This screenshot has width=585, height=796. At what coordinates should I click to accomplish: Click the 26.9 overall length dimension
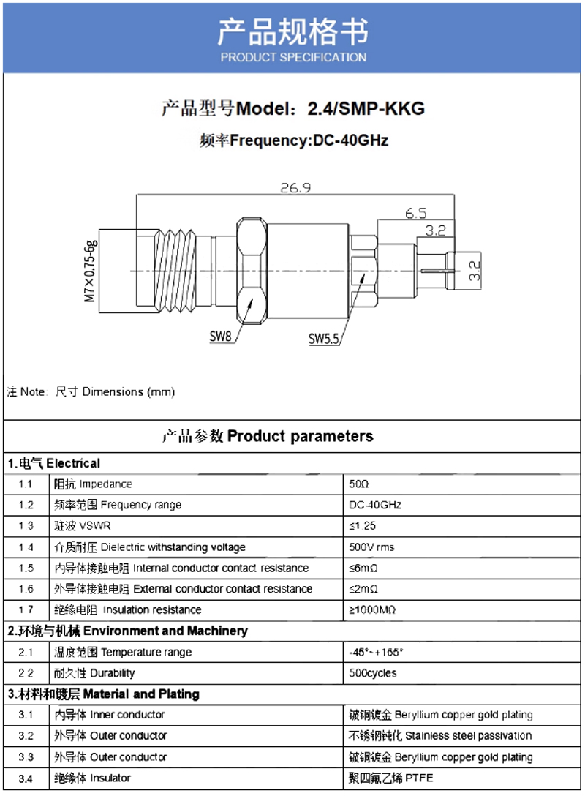(295, 188)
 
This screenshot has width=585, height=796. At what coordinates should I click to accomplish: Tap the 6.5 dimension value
(416, 214)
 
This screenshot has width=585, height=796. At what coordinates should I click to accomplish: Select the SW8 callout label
(220, 337)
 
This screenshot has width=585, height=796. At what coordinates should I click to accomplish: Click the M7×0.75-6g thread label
(90, 271)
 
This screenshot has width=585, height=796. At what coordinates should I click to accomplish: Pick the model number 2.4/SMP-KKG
(366, 109)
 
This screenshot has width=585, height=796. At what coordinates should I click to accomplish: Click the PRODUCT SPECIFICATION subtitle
(293, 57)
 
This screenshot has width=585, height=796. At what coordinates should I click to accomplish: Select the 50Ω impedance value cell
(359, 484)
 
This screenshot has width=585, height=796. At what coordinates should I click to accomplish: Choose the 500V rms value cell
(371, 547)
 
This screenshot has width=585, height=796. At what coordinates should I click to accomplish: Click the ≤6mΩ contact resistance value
(363, 568)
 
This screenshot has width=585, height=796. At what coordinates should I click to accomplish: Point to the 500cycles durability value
(373, 673)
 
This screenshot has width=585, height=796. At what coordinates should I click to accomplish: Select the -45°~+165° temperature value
(377, 652)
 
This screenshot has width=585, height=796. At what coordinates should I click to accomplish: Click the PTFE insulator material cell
(391, 778)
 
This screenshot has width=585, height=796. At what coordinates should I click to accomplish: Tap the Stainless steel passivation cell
(441, 735)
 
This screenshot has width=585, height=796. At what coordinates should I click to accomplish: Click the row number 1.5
(26, 568)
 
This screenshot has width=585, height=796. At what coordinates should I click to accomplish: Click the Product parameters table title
(268, 437)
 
